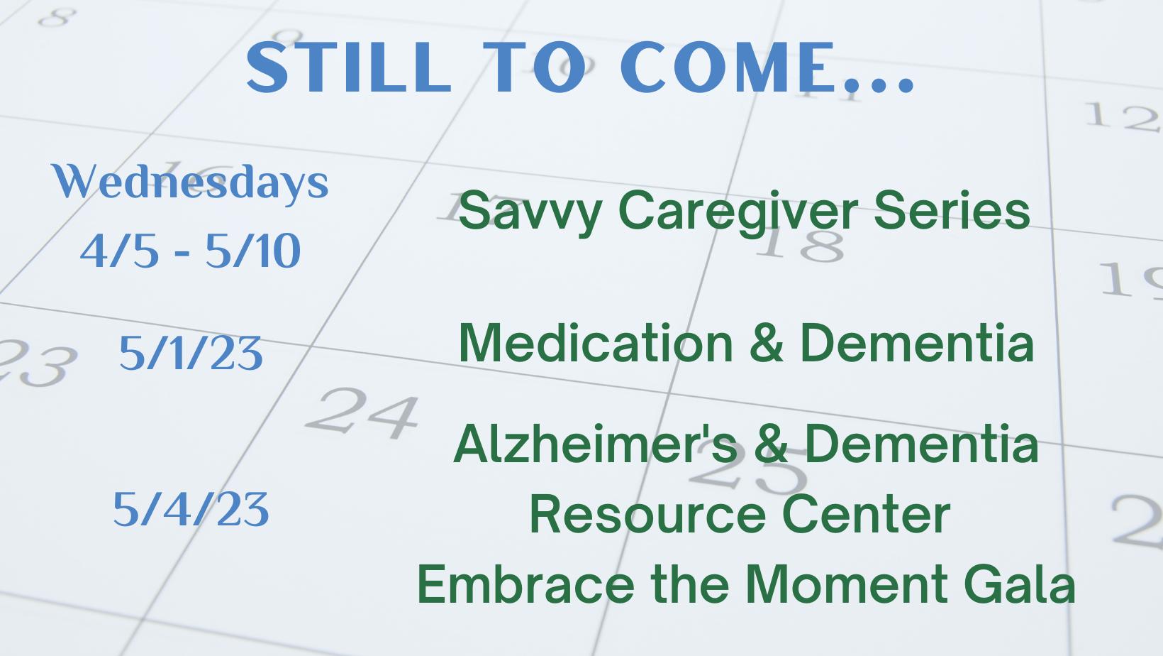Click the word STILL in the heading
(348, 67)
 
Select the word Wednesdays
(190, 182)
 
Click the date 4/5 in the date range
(119, 251)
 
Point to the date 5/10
(253, 251)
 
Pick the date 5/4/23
(191, 510)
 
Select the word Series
(952, 210)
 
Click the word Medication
(596, 343)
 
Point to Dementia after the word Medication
(918, 343)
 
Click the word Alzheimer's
(596, 444)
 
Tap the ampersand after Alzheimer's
(771, 444)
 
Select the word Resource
(647, 515)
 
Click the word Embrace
(526, 584)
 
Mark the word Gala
(1019, 584)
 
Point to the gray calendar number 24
(362, 412)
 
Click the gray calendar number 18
(800, 244)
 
